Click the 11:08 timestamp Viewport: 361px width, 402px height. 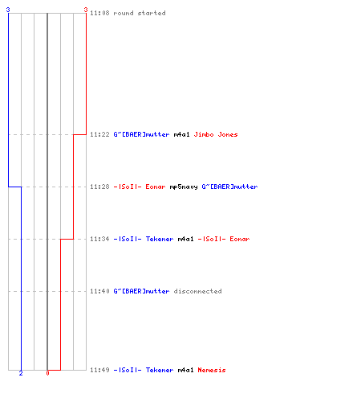(x=99, y=13)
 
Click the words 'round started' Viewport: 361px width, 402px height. (x=140, y=13)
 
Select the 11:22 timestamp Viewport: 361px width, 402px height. (x=99, y=134)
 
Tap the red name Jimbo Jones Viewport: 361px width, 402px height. (x=216, y=134)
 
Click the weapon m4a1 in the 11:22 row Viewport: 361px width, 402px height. (x=181, y=134)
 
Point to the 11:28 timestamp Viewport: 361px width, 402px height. (x=99, y=187)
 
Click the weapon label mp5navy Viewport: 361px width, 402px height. (x=184, y=187)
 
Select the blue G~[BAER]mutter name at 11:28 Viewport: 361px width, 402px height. (x=229, y=187)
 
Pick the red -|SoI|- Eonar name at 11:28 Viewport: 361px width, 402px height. (x=140, y=187)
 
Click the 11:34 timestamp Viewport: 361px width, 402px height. (x=99, y=239)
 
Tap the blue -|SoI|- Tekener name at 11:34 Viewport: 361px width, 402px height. (x=144, y=239)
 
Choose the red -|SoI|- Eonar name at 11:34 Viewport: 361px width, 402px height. (x=224, y=239)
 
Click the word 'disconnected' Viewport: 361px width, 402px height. (x=197, y=291)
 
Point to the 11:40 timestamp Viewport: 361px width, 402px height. (x=99, y=291)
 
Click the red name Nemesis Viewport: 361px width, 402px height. (x=212, y=370)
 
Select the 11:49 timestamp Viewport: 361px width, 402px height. (x=99, y=370)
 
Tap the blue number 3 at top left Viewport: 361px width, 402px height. (x=8, y=10)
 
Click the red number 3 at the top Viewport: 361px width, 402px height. (x=86, y=10)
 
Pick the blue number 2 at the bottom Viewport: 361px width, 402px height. (x=21, y=373)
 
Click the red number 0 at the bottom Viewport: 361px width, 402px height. (x=47, y=373)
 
